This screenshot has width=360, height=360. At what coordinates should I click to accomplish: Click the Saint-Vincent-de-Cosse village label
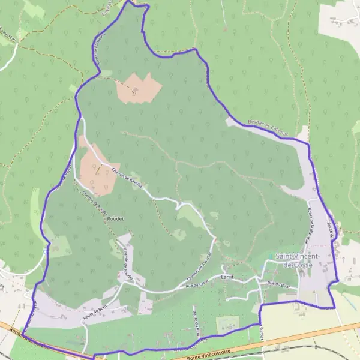tap(298, 260)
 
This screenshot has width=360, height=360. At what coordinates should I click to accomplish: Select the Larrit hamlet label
tap(227, 277)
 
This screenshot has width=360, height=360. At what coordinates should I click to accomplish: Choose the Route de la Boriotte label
tap(311, 225)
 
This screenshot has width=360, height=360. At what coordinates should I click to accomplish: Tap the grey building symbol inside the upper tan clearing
tap(135, 92)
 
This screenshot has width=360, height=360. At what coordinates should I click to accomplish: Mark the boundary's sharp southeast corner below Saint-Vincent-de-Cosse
tap(334, 308)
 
